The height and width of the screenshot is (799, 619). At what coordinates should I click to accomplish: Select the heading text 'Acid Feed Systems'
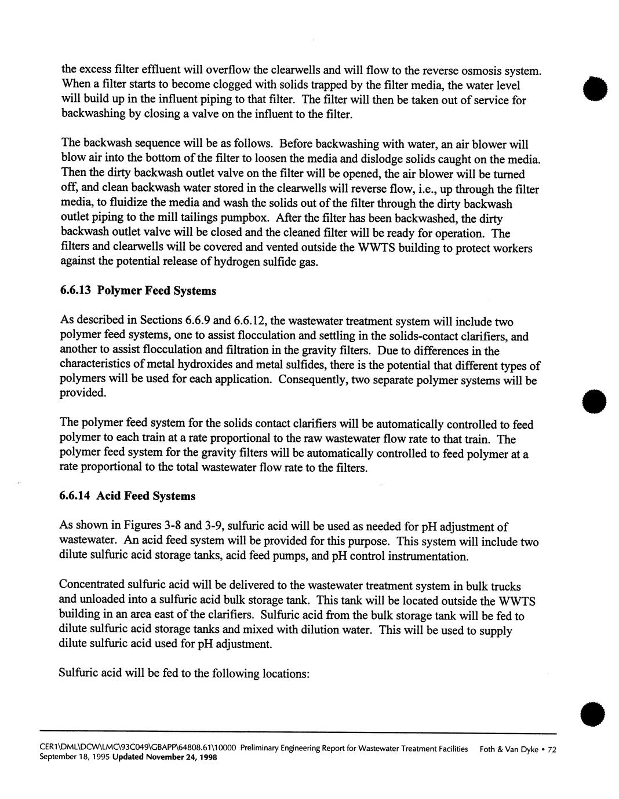(146, 496)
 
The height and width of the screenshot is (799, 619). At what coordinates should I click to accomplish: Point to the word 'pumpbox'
(250, 219)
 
